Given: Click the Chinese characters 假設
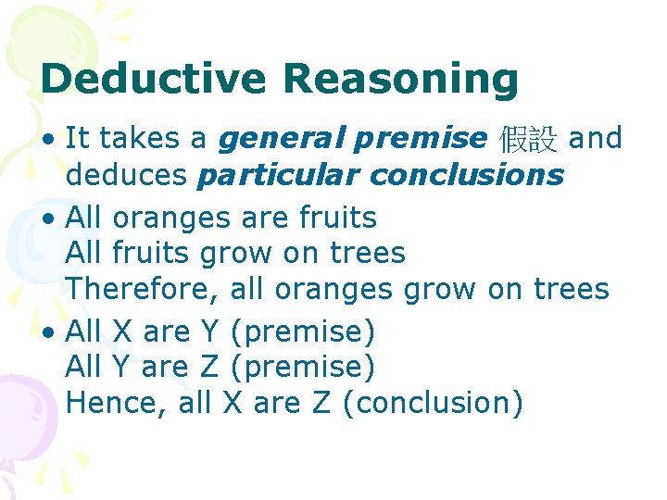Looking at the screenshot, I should coord(528,140).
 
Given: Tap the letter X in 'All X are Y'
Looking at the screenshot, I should coord(121,331).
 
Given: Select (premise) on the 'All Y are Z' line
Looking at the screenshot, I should coord(303,368).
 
